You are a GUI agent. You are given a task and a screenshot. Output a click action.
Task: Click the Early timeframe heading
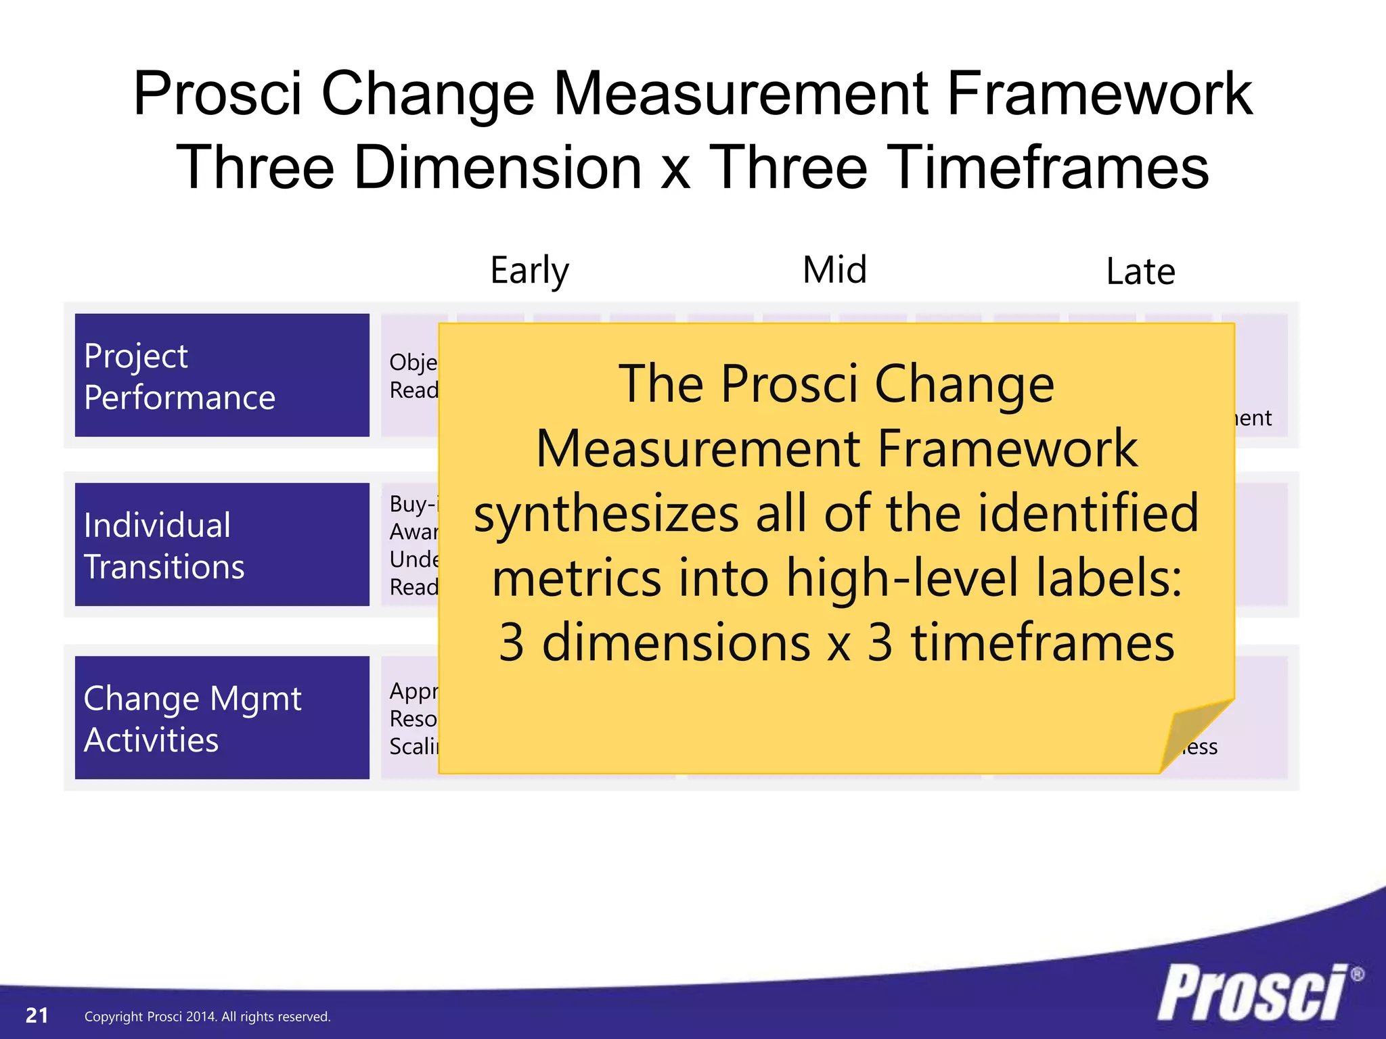[x=529, y=271]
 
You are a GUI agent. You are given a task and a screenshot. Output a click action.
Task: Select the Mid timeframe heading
[x=834, y=270]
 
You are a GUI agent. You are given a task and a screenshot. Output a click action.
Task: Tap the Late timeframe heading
[x=1140, y=272]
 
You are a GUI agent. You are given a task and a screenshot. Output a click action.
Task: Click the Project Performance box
[x=222, y=375]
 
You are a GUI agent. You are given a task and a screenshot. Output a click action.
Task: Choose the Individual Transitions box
[x=222, y=545]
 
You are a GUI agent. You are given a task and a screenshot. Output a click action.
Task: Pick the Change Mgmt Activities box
[x=222, y=718]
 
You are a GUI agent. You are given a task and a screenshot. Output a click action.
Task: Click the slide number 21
[x=37, y=1015]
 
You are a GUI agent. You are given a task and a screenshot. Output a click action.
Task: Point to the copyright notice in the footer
[x=207, y=1017]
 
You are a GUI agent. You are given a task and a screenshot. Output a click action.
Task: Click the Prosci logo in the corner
[x=1252, y=993]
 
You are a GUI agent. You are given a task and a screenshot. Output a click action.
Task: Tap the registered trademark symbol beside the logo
[x=1357, y=975]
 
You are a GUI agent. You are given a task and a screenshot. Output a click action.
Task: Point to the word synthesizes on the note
[x=606, y=514]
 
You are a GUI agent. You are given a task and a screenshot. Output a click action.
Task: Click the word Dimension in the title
[x=497, y=168]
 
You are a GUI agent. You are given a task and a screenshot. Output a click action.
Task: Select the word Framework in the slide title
[x=1099, y=94]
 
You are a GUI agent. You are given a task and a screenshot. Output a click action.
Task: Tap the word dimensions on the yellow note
[x=677, y=643]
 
